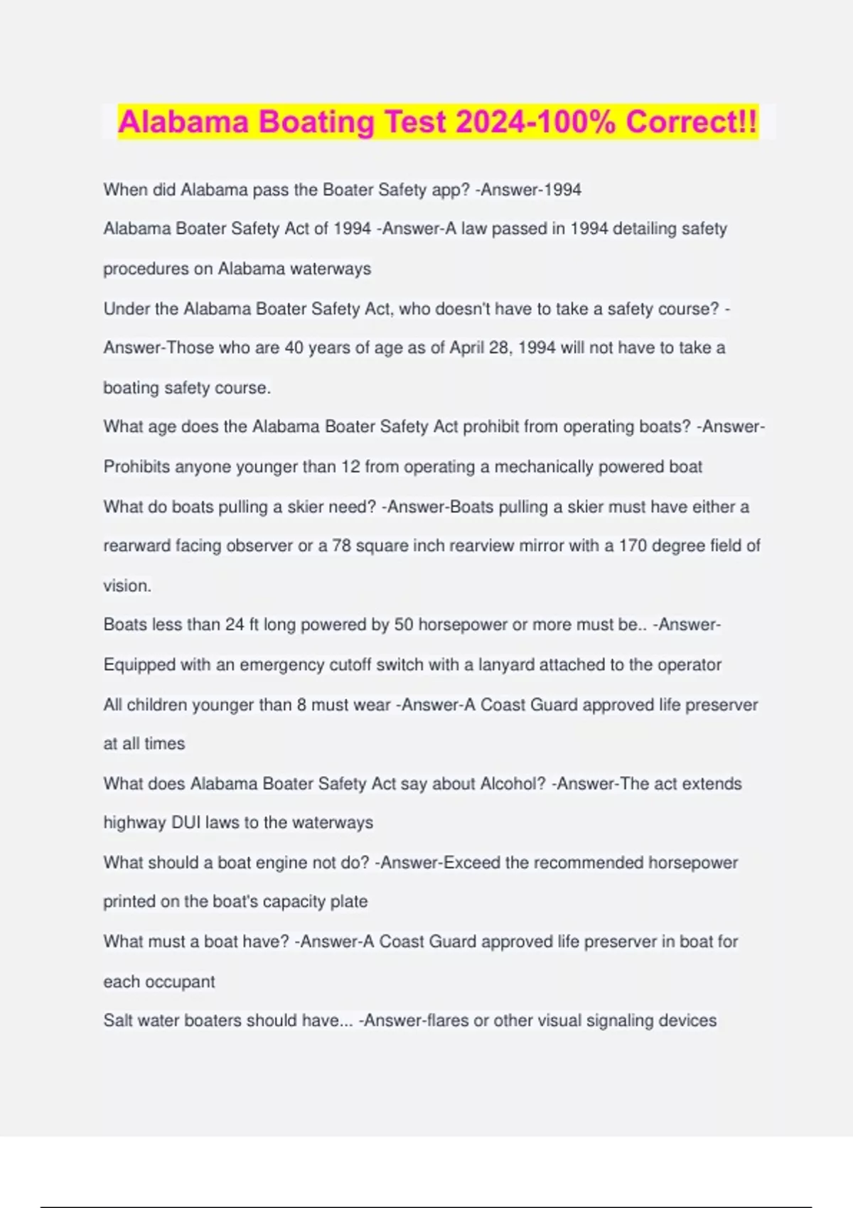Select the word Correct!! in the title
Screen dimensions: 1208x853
[692, 122]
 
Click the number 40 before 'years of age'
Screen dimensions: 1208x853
[294, 348]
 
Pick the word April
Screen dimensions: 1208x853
[466, 348]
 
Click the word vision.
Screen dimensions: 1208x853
[127, 586]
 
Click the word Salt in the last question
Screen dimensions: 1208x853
[118, 1020]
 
